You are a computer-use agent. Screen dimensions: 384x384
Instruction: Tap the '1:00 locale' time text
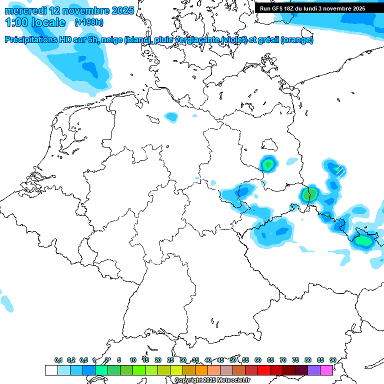click(35, 22)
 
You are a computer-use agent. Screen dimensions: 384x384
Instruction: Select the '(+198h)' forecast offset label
click(89, 22)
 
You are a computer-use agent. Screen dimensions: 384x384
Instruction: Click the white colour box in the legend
click(51, 370)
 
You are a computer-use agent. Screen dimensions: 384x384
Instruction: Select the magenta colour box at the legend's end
click(326, 370)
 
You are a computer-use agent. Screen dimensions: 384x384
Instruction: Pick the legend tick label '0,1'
click(58, 360)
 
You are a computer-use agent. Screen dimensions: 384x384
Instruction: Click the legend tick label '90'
click(332, 360)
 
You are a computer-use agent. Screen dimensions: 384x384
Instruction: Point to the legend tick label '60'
click(258, 360)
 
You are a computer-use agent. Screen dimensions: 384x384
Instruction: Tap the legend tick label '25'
click(170, 360)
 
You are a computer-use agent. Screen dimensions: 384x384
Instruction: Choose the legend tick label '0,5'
click(83, 360)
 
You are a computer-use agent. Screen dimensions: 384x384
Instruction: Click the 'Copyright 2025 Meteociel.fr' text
click(212, 380)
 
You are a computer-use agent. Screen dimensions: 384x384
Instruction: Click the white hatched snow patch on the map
click(340, 171)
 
